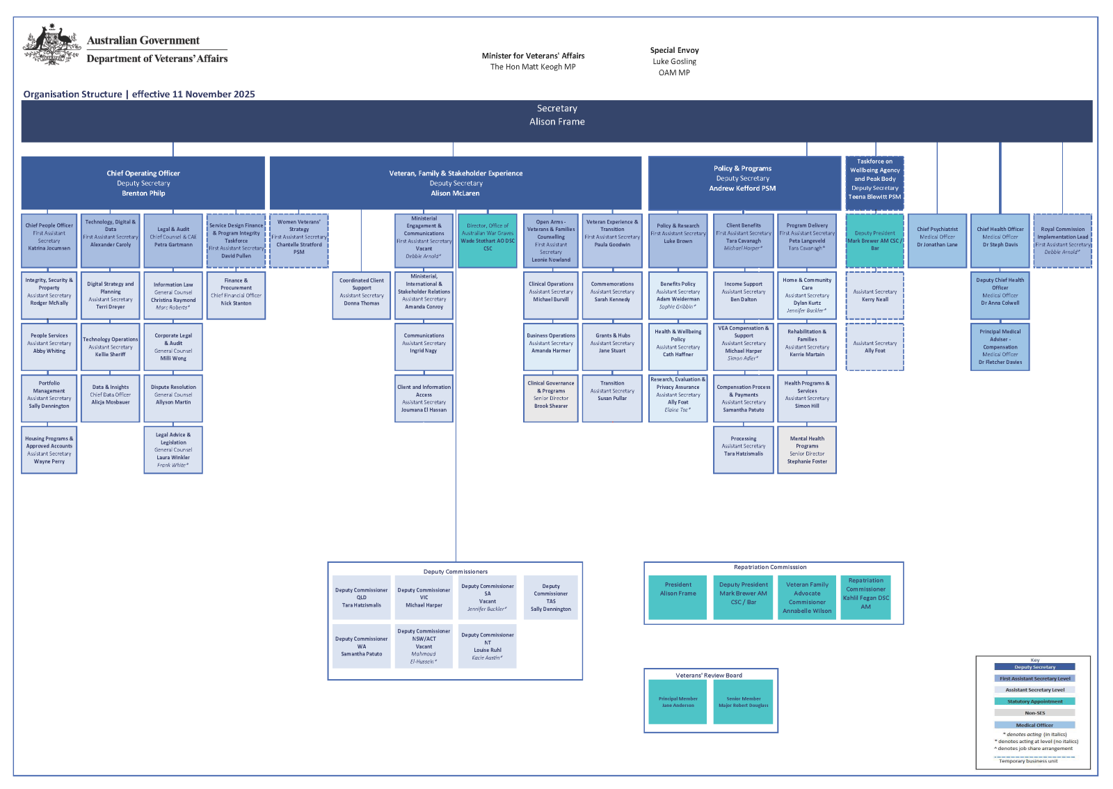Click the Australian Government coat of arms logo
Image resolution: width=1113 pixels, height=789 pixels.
[x=51, y=45]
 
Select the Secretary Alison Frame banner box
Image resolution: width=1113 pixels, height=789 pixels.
[x=556, y=121]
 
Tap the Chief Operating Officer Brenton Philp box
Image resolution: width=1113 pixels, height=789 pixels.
[x=143, y=183]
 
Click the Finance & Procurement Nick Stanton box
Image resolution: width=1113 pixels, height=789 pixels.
[x=237, y=295]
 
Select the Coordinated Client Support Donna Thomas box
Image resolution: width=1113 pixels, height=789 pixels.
[x=362, y=295]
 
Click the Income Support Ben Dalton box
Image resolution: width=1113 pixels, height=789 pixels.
[x=744, y=295]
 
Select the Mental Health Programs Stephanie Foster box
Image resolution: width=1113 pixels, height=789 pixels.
[x=807, y=449]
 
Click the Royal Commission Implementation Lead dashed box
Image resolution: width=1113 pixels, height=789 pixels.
[x=1062, y=240]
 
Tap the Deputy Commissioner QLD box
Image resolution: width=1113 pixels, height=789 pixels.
[x=362, y=598]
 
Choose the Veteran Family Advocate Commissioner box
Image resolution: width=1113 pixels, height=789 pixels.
[x=807, y=598]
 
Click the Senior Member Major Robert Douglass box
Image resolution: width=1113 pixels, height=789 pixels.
[x=744, y=702]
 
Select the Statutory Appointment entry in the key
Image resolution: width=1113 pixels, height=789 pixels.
[x=1034, y=701]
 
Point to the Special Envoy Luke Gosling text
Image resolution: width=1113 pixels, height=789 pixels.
[x=674, y=61]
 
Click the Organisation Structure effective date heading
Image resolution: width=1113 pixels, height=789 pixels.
[x=139, y=94]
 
